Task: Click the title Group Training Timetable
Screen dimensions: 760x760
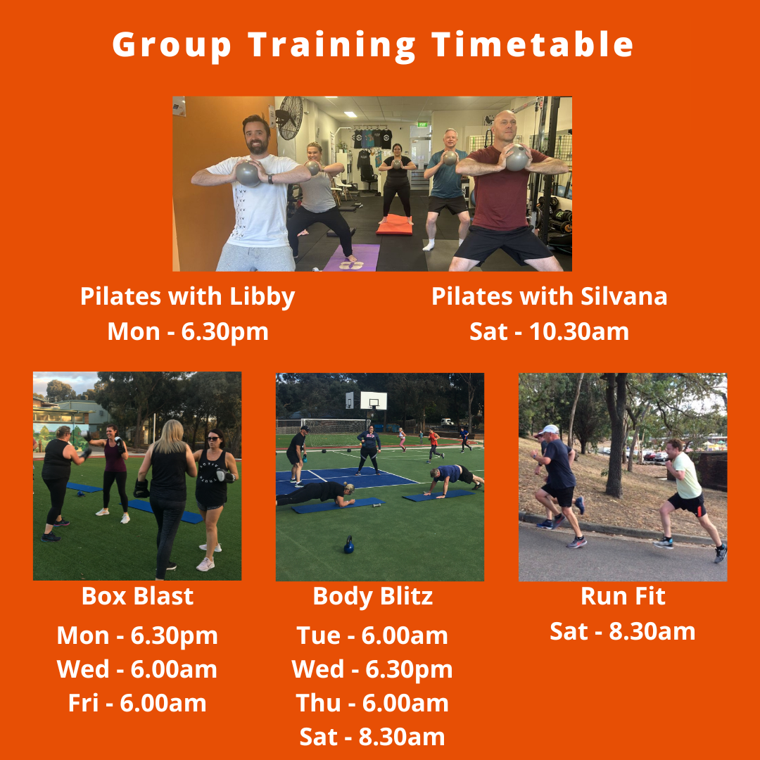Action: click(x=373, y=45)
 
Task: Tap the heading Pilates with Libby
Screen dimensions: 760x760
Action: click(x=187, y=296)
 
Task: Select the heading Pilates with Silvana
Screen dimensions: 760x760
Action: click(x=549, y=296)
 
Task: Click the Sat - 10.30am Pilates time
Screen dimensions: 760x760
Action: click(x=549, y=331)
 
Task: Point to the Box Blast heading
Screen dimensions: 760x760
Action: click(x=137, y=597)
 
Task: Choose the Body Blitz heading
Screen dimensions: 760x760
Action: click(x=372, y=597)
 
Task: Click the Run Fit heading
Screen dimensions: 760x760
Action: click(x=623, y=597)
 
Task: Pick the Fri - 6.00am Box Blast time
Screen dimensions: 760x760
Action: click(x=137, y=703)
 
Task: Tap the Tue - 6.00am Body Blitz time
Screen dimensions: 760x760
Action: click(x=372, y=635)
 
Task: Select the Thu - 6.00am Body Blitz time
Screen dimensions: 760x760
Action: click(x=372, y=703)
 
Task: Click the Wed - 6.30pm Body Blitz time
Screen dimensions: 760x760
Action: click(x=372, y=669)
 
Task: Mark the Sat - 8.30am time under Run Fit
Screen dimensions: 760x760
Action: click(x=623, y=631)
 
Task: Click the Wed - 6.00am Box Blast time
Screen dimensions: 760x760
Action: click(x=137, y=669)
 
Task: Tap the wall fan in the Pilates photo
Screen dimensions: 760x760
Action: click(x=289, y=117)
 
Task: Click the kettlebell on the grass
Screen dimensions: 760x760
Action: click(x=348, y=544)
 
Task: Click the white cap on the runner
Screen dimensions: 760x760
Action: click(x=550, y=429)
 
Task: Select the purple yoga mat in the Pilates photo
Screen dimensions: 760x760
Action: click(x=351, y=258)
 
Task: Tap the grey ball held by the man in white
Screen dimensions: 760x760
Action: click(x=248, y=172)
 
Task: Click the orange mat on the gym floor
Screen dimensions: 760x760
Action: click(x=393, y=225)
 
